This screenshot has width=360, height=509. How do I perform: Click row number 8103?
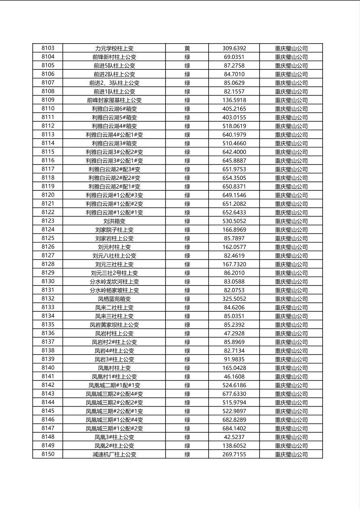point(48,48)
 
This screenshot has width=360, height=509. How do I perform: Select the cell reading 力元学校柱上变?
point(114,48)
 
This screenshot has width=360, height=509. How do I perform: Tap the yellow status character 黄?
point(187,48)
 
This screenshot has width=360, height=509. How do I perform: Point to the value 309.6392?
point(234,48)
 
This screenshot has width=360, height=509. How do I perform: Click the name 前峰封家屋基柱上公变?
point(114,100)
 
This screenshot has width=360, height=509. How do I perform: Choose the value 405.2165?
point(234,108)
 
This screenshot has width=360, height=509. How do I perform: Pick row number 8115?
point(48,152)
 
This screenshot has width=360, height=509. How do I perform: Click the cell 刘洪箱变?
point(114,221)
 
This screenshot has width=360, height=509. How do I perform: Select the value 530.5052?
point(234,221)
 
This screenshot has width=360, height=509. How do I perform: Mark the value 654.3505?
point(234,178)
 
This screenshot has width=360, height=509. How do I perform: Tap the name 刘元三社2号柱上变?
point(114,273)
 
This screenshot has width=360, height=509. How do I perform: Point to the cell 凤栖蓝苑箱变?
point(114,299)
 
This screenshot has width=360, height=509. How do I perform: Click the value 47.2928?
point(234,334)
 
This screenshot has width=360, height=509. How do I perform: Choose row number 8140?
point(48,368)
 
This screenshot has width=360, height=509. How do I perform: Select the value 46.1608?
point(234,377)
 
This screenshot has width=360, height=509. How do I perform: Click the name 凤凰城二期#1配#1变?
point(114,385)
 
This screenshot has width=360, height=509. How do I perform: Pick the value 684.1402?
point(234,428)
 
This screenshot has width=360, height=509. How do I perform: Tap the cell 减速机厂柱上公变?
point(114,455)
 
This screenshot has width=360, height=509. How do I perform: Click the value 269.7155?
point(234,455)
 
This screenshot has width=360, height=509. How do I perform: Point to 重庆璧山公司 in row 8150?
point(291,455)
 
